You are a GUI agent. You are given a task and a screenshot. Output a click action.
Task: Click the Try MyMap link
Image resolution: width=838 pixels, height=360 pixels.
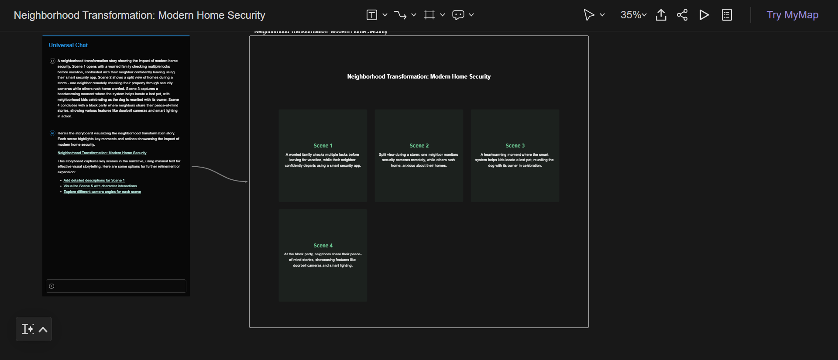(792, 15)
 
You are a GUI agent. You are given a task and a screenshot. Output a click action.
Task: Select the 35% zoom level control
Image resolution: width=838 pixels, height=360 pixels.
(633, 15)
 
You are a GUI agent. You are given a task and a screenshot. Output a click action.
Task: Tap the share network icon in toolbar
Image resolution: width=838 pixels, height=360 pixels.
(682, 15)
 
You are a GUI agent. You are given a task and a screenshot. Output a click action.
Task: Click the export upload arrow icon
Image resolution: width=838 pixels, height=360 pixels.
(661, 15)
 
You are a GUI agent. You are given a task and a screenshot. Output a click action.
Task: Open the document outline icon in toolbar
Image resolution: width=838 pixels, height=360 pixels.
(727, 15)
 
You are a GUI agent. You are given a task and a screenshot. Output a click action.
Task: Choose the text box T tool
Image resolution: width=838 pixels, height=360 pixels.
(371, 15)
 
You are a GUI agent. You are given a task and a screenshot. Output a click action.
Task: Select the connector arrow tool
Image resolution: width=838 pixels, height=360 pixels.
(400, 15)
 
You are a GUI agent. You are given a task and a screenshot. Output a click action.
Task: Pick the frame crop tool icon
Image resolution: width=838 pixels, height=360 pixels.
(429, 15)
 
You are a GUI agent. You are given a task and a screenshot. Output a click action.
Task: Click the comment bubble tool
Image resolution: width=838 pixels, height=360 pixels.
(458, 15)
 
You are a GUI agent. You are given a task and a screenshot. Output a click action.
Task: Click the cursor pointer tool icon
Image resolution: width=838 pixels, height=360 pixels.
(588, 15)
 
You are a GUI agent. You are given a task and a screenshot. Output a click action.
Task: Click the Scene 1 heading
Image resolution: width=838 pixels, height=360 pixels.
(323, 146)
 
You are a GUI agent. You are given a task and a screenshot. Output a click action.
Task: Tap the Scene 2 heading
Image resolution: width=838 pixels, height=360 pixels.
(419, 146)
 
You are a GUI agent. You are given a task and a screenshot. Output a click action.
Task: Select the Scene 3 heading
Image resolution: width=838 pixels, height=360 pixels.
(515, 146)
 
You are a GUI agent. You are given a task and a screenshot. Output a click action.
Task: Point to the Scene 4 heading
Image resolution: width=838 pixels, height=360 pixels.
(323, 246)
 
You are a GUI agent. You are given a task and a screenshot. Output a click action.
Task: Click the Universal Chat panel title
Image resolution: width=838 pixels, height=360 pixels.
(68, 45)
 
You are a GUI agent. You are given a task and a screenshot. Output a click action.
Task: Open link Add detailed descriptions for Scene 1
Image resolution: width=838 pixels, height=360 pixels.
(94, 180)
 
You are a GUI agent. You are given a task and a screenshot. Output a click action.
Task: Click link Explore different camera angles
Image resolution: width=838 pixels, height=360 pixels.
(102, 192)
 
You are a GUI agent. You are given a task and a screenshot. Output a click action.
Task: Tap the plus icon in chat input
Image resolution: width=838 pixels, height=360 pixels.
(52, 286)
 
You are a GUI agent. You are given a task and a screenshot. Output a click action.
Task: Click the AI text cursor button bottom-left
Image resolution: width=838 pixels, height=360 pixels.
(28, 329)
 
